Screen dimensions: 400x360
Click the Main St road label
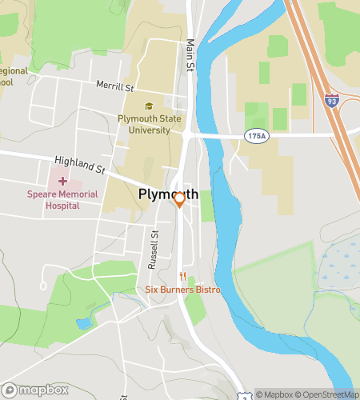[190, 57]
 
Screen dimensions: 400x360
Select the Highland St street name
[80, 165]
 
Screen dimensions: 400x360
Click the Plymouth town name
[168, 194]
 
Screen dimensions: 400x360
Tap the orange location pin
[180, 199]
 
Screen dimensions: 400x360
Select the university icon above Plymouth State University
[148, 106]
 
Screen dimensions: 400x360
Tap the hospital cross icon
[62, 181]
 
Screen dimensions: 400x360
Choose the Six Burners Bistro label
[182, 290]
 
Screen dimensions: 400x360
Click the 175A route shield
[256, 137]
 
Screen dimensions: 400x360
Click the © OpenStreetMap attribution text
[328, 394]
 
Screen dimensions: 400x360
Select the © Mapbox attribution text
[276, 394]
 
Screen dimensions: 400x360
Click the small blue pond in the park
[84, 323]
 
